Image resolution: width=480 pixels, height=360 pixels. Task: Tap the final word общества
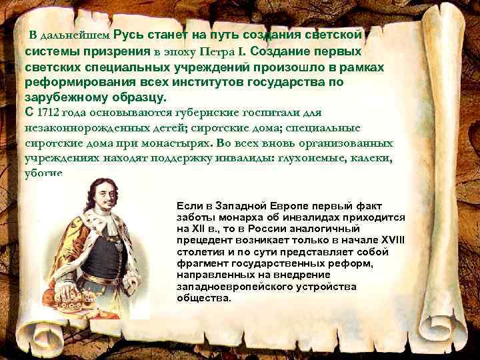click(x=203, y=298)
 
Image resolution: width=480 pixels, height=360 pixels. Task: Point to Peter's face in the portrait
click(x=99, y=205)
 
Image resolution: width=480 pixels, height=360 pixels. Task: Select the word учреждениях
click(x=65, y=158)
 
